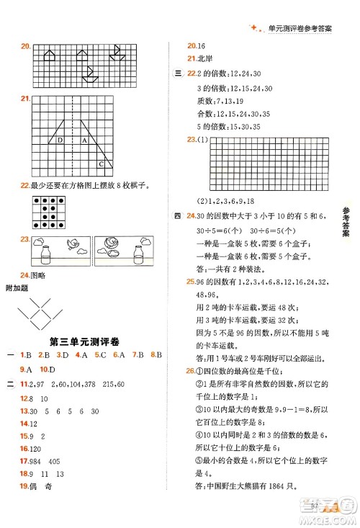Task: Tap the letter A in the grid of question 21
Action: tap(84, 140)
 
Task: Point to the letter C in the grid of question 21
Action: tap(101, 164)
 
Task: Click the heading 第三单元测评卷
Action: tap(85, 340)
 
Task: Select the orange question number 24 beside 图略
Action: tap(25, 274)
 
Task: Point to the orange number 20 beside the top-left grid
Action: tap(25, 48)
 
